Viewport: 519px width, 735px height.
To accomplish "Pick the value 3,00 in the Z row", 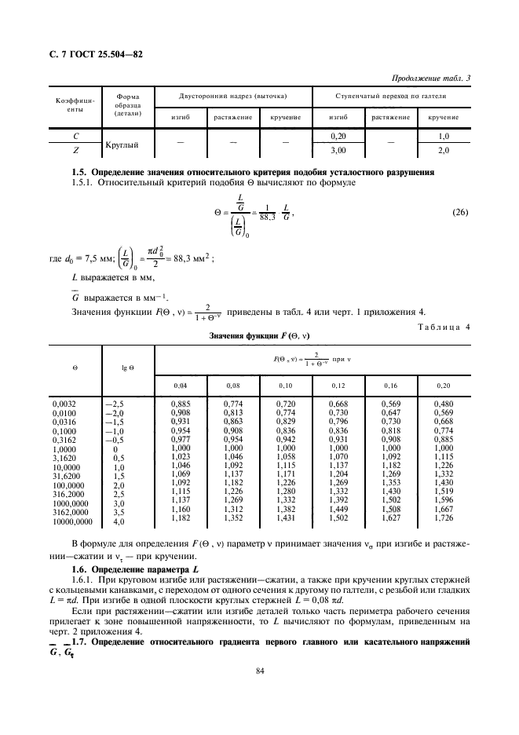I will [x=338, y=150].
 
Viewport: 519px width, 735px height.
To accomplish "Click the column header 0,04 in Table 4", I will [x=181, y=386].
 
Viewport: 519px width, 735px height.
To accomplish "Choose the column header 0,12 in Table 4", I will [x=338, y=386].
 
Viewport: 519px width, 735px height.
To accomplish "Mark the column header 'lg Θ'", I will [x=125, y=367].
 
